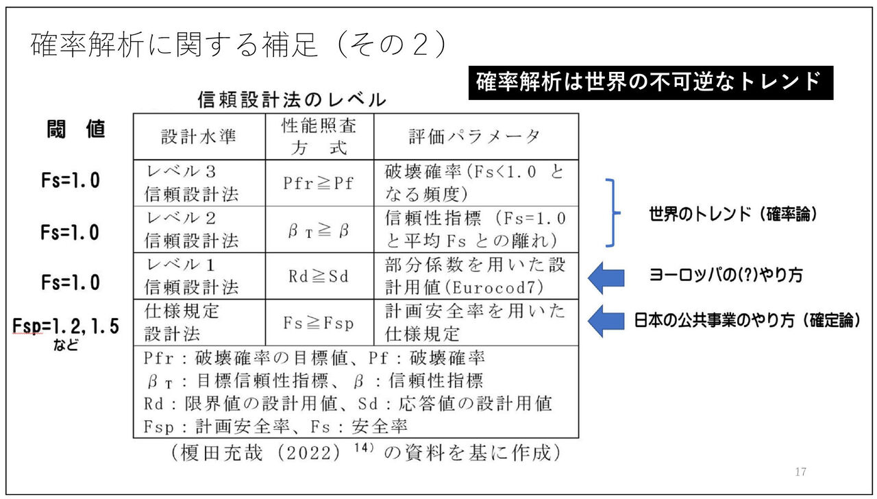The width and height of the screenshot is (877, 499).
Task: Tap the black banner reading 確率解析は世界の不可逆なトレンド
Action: (x=650, y=83)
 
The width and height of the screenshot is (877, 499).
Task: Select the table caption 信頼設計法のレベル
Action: (x=291, y=99)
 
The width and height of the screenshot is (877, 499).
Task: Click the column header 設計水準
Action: (x=199, y=136)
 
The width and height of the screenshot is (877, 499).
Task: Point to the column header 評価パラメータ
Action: (x=475, y=136)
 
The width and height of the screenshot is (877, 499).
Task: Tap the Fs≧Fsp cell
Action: (x=319, y=322)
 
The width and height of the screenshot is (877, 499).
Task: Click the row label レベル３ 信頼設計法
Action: (x=191, y=183)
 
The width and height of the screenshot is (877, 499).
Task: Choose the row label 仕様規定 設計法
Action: (x=182, y=322)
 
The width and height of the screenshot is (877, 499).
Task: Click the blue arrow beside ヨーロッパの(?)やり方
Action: (x=607, y=277)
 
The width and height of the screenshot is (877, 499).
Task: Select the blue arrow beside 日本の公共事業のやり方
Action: (x=607, y=321)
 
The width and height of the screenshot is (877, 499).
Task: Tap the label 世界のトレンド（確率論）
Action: (x=733, y=214)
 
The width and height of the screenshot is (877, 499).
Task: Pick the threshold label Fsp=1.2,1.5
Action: (x=66, y=327)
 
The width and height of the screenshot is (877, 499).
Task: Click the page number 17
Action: (x=801, y=472)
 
